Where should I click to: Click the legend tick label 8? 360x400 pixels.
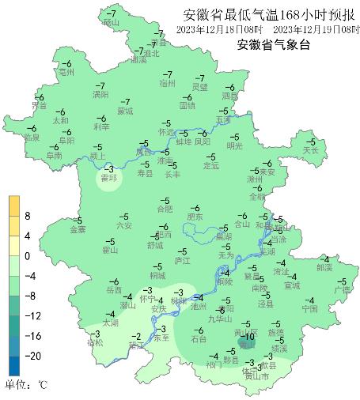(26, 215)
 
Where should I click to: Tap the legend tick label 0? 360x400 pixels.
(26, 256)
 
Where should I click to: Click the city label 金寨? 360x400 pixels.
(78, 230)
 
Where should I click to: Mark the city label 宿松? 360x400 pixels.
(95, 343)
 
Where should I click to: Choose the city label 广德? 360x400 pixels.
(342, 290)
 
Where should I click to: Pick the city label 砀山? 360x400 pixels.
(110, 23)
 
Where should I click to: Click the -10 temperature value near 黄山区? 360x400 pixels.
(249, 338)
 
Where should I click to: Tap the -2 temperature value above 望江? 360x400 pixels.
(136, 336)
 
